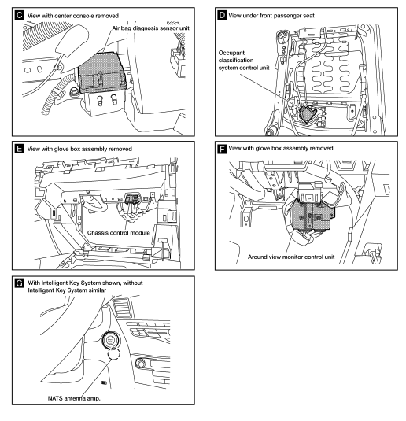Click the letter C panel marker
click(x=20, y=15)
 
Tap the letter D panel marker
click(x=222, y=15)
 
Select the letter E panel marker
click(x=20, y=149)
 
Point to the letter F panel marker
click(x=222, y=149)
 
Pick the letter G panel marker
click(x=20, y=283)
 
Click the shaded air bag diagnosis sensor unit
click(x=101, y=72)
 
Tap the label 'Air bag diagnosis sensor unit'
click(x=150, y=28)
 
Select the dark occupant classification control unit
click(x=307, y=113)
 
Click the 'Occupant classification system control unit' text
click(x=244, y=60)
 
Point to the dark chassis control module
click(x=132, y=198)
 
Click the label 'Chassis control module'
click(x=118, y=232)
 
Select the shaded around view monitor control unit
click(x=314, y=216)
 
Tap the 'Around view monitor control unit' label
click(x=291, y=257)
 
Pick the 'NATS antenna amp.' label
click(x=74, y=398)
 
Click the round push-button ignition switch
click(x=111, y=340)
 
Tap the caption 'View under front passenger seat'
click(x=271, y=16)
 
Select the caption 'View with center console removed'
click(x=72, y=16)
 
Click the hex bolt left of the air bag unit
click(x=74, y=92)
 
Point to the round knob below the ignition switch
click(x=139, y=364)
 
